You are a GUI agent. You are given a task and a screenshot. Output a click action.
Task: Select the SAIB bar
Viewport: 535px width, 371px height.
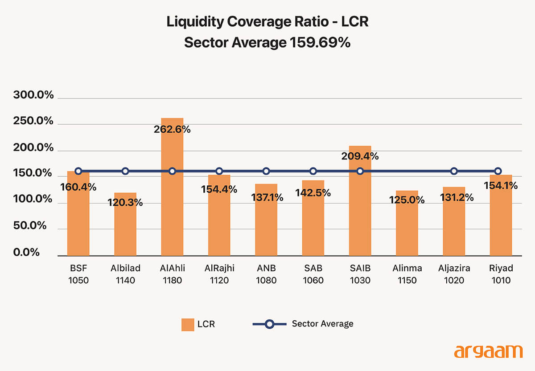click(360, 209)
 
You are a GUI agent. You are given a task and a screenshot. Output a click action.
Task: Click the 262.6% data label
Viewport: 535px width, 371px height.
click(172, 130)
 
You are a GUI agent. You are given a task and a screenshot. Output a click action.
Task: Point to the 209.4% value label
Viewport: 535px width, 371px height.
click(360, 156)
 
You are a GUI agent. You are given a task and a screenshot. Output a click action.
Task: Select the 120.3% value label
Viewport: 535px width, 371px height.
click(125, 203)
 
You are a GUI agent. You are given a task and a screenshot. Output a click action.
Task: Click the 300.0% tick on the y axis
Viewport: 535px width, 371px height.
click(33, 95)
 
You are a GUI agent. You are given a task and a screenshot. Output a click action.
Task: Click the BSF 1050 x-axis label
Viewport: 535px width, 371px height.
click(78, 274)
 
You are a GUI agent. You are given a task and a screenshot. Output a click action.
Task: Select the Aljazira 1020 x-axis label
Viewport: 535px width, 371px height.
click(454, 274)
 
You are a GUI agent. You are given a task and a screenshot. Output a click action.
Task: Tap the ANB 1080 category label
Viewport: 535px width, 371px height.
click(266, 274)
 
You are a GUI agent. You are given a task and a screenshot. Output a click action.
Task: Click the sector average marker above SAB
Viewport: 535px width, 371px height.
click(313, 171)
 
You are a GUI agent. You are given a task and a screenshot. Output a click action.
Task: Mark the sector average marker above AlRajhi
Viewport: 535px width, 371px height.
click(219, 171)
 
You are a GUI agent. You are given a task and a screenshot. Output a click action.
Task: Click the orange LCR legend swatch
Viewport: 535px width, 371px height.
click(188, 324)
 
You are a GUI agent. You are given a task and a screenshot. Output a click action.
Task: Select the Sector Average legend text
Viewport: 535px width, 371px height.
click(322, 324)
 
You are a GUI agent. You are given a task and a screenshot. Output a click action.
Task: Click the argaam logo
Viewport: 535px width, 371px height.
click(488, 351)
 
